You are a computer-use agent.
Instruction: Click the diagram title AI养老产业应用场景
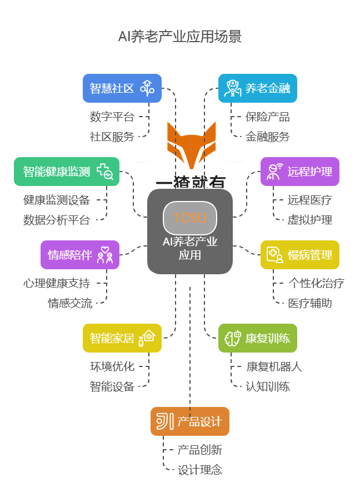179,37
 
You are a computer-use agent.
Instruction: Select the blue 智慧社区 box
122,88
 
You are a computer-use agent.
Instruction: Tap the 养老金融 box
257,88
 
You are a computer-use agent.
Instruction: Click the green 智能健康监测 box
67,172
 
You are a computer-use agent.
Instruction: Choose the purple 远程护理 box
299,172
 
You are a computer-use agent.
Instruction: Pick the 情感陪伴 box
80,255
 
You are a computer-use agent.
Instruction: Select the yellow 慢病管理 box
299,255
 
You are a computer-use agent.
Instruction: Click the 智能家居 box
122,338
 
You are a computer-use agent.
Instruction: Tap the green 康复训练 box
257,338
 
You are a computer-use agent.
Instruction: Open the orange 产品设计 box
189,421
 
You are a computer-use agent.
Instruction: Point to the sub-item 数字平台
112,117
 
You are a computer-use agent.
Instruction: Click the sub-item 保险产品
268,117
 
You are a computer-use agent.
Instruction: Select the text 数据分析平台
57,220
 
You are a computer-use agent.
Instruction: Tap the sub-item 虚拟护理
310,220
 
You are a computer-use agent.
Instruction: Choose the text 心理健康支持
57,283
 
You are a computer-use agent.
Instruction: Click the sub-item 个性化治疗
316,283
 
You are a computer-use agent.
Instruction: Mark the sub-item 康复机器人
274,366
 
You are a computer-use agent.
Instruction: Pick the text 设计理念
200,470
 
